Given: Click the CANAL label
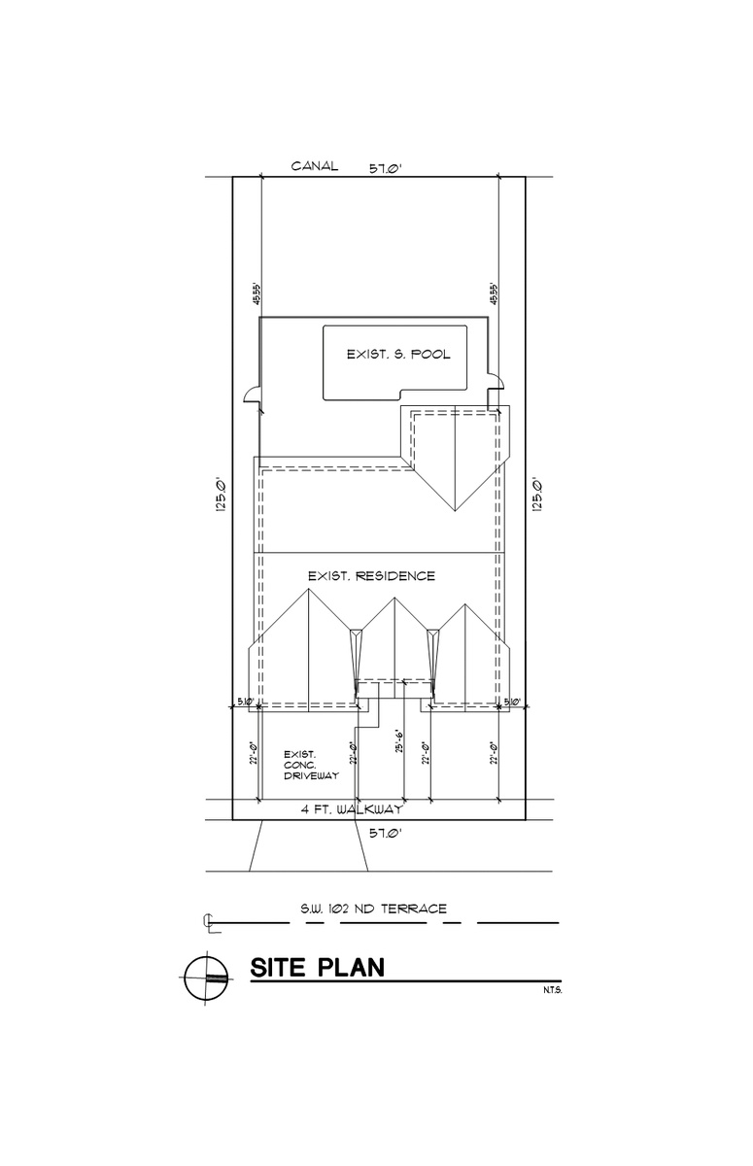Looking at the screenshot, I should tap(315, 166).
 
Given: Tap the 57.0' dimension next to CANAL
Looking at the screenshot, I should tap(385, 168).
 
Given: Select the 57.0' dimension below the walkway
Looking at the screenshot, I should tap(385, 832).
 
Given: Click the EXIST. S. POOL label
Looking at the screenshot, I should tap(398, 355).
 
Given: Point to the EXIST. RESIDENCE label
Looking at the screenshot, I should tap(371, 576).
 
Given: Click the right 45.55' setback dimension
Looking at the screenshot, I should tap(494, 293).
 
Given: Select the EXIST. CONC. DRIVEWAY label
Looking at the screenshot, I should tap(310, 765).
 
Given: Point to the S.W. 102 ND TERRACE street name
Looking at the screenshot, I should tap(373, 909).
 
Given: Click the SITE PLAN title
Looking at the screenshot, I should tap(318, 968).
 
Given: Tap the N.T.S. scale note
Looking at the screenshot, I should tap(554, 991).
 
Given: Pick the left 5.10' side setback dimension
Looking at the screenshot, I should tap(246, 702).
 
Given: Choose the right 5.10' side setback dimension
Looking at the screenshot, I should tap(511, 702).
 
